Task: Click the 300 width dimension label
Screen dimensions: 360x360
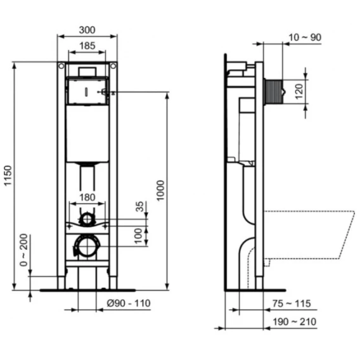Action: (87, 30)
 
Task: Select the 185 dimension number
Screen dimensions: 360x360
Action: (87, 46)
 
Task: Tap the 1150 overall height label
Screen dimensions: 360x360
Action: (8, 176)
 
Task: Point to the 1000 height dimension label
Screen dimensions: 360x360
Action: (160, 191)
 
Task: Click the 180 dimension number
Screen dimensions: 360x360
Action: (87, 197)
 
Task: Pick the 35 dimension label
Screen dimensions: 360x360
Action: (140, 207)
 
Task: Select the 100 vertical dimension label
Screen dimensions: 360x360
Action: (138, 236)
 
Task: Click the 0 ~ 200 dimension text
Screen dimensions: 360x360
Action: (23, 250)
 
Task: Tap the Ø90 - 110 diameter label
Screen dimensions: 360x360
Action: (129, 304)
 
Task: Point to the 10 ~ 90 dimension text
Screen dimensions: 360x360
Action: (305, 37)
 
